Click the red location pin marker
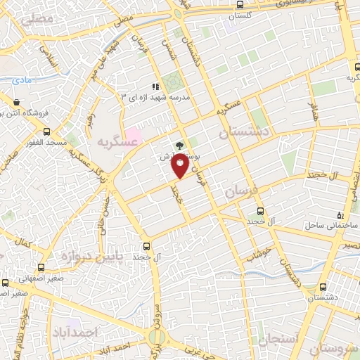tap(181, 166)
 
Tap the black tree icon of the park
tap(179, 146)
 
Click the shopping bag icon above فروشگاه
tap(15, 101)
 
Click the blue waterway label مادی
tap(22, 82)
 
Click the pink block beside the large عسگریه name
tap(134, 134)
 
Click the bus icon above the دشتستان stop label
tap(323, 287)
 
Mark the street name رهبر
tap(90, 124)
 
